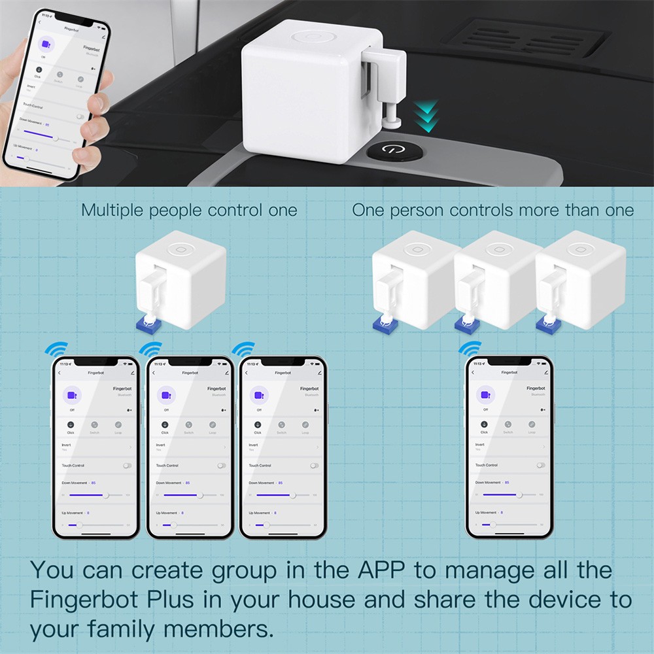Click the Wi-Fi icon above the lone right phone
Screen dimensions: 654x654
click(x=469, y=348)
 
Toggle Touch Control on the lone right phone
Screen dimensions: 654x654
click(x=540, y=465)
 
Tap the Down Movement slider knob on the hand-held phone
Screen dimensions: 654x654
click(x=56, y=139)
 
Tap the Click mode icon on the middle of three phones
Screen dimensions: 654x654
click(x=165, y=425)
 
